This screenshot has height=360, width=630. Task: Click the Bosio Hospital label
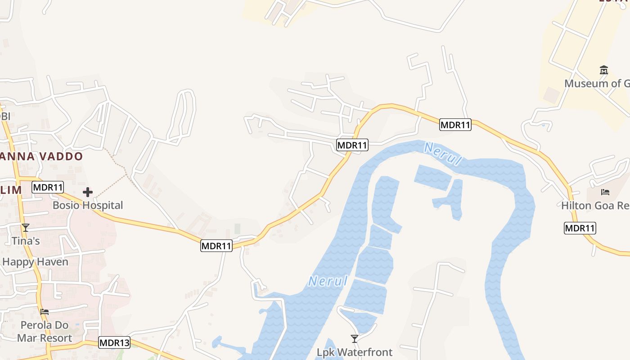pos(88,205)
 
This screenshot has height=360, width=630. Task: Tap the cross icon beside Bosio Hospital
pos(88,193)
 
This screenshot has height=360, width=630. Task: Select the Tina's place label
pos(26,241)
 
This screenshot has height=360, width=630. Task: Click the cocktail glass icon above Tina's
pos(26,228)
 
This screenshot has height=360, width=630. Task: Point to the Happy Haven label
pos(35,262)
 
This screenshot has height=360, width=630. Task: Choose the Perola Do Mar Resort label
pos(44,331)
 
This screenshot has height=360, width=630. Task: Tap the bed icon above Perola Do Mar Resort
pos(44,311)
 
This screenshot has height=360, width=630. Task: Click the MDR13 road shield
pos(114,343)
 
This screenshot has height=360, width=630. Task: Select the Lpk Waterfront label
pos(355,352)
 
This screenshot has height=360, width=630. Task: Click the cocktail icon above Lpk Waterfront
pos(355,339)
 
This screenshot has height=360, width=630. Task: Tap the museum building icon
pos(604,70)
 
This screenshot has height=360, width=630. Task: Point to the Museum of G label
pos(597,83)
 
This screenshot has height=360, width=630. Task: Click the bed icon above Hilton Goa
pos(605,192)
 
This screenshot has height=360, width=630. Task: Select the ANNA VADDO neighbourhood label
pos(41,157)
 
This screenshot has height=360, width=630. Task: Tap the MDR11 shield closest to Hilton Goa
pos(580,228)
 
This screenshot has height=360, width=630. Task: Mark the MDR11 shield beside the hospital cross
pos(48,187)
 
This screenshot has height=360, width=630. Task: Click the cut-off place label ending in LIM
pos(11,190)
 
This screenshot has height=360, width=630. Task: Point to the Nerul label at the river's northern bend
pos(443,154)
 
